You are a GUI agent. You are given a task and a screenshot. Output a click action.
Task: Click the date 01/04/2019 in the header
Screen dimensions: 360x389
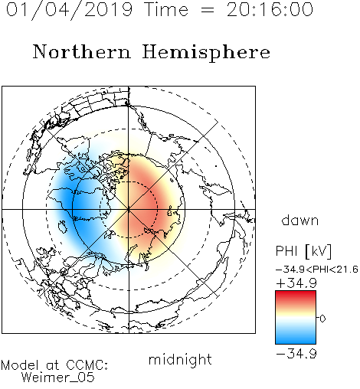[69, 10]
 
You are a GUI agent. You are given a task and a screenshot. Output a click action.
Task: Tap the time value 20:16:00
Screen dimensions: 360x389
[270, 9]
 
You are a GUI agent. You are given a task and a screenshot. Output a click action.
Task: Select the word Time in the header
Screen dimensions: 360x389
[166, 9]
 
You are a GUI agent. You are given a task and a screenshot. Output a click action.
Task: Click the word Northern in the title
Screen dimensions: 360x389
[82, 51]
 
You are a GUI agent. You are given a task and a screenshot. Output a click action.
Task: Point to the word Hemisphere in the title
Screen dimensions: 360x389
[206, 53]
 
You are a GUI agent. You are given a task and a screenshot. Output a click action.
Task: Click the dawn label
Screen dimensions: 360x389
[300, 220]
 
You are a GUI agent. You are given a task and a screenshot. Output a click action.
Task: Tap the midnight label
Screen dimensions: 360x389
[180, 360]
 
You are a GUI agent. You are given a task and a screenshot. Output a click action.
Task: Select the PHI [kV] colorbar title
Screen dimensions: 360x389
[303, 251]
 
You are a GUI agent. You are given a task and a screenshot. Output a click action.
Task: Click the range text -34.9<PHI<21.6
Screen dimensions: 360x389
[317, 270]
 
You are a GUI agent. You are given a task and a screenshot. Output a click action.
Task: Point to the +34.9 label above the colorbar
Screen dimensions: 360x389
[296, 283]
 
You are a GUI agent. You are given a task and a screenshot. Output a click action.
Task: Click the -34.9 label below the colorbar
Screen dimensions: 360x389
[296, 354]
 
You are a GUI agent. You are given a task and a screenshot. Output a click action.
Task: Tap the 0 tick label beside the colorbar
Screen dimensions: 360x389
[322, 319]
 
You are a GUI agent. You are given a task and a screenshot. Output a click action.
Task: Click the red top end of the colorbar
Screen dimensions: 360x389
[296, 293]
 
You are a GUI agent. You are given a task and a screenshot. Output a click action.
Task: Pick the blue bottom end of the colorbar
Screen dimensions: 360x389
[296, 342]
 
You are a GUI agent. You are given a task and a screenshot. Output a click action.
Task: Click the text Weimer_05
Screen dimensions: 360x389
[58, 378]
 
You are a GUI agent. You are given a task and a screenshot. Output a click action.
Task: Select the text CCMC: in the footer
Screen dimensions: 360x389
[87, 365]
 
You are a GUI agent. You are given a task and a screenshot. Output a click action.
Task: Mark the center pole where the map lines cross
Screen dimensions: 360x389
[129, 209]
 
